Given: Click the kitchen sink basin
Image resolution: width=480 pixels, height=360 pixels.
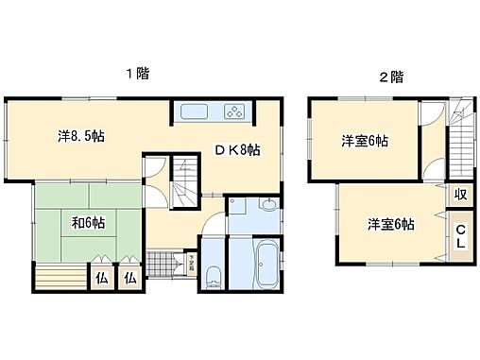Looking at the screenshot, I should coord(196,111).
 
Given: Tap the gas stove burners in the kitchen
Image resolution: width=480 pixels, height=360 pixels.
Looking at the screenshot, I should coord(233,111).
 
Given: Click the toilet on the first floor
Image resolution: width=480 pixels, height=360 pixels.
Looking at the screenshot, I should coord(214,276).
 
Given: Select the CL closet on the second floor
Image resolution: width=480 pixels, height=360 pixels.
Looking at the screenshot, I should coord(460,235).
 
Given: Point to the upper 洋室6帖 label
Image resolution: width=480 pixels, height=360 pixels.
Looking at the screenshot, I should coord(364,141).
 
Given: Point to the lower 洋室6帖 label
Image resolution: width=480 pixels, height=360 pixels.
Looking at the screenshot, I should coord(390,224).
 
